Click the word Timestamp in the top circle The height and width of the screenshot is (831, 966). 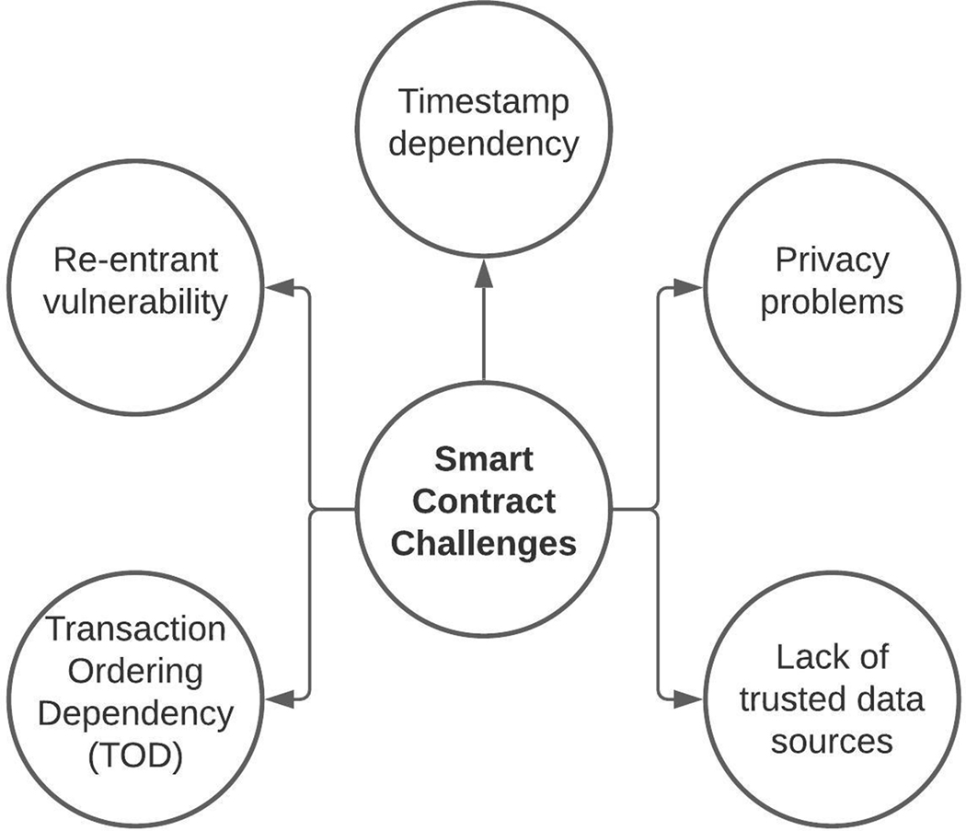(x=484, y=101)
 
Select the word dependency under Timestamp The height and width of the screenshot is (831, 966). (x=484, y=144)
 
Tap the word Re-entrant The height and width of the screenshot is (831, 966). (x=136, y=260)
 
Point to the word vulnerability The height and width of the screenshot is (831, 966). (x=136, y=302)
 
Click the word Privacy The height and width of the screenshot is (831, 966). (x=832, y=260)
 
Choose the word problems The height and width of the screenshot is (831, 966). (x=832, y=302)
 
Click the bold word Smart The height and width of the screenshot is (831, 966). (x=484, y=457)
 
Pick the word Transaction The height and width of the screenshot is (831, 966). (x=136, y=629)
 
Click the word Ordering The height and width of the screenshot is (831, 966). (x=136, y=671)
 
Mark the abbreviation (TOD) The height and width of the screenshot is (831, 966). (x=136, y=756)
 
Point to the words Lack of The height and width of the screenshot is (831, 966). (x=832, y=657)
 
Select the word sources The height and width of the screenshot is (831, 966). (x=832, y=742)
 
